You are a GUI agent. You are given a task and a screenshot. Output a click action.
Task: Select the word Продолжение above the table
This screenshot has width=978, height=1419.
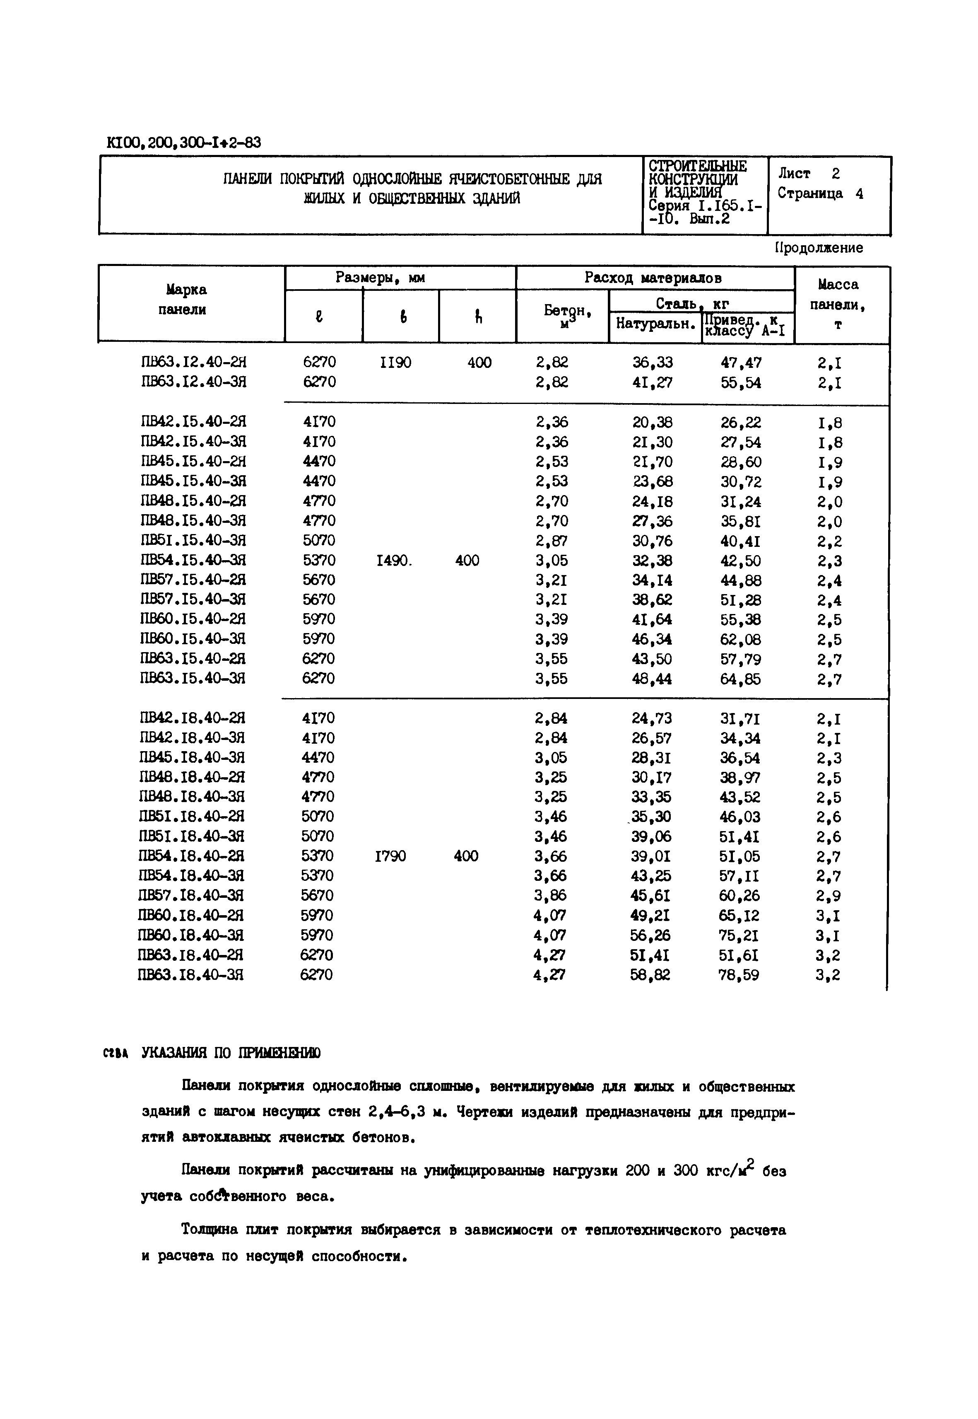click(819, 248)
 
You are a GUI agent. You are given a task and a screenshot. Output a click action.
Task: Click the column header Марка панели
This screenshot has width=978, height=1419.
click(186, 299)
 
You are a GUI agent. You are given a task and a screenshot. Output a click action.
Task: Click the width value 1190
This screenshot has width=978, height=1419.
click(395, 363)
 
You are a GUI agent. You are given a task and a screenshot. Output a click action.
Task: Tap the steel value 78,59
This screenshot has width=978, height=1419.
click(739, 974)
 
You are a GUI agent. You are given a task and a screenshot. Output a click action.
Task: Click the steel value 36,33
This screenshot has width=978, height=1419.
click(653, 363)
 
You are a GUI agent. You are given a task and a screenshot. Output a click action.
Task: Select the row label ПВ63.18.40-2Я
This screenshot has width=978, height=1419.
click(191, 955)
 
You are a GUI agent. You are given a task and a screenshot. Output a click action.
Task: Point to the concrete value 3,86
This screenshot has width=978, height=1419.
click(551, 895)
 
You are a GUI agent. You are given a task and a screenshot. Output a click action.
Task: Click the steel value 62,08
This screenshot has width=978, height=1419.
click(740, 640)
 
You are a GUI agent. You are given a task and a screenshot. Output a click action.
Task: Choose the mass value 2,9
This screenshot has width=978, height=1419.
click(829, 896)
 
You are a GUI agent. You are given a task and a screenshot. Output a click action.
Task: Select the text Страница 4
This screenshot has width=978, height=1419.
click(821, 194)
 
